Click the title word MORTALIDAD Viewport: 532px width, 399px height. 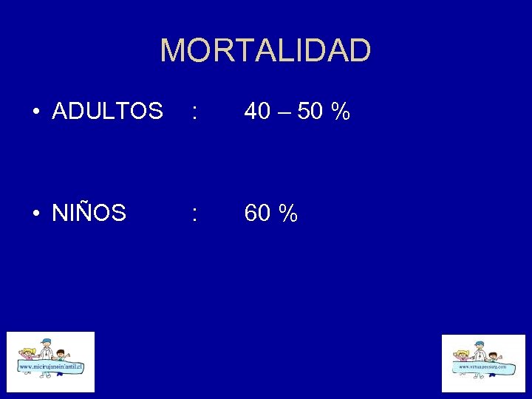265,51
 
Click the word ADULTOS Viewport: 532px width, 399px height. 108,112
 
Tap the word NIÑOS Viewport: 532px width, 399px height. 89,214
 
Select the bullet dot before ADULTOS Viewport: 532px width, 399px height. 35,112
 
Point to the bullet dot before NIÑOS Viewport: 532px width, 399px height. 35,214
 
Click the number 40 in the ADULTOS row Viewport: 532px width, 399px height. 257,112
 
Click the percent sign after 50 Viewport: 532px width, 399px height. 341,112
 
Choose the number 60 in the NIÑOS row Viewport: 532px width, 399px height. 257,214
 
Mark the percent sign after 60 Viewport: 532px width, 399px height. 289,214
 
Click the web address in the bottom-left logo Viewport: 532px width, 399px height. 50,367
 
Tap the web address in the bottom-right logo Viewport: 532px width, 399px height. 482,366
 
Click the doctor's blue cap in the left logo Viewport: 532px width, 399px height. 47,341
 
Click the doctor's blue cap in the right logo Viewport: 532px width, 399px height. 479,344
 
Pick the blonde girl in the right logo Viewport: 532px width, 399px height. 463,354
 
